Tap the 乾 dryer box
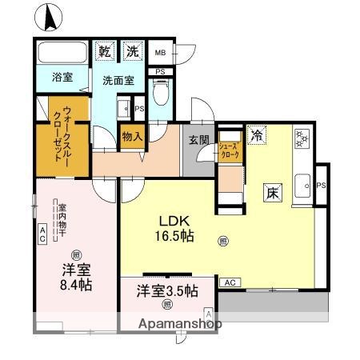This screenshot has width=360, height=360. click(105, 51)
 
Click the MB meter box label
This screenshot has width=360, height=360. click(160, 53)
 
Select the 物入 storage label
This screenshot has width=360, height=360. click(132, 137)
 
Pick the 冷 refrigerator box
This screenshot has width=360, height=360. click(256, 135)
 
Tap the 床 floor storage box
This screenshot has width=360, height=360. click(273, 193)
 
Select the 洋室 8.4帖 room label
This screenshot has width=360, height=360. click(74, 275)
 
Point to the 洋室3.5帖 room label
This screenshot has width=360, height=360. click(167, 291)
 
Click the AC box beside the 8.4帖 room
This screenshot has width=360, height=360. click(42, 234)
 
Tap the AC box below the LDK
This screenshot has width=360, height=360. click(229, 283)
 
